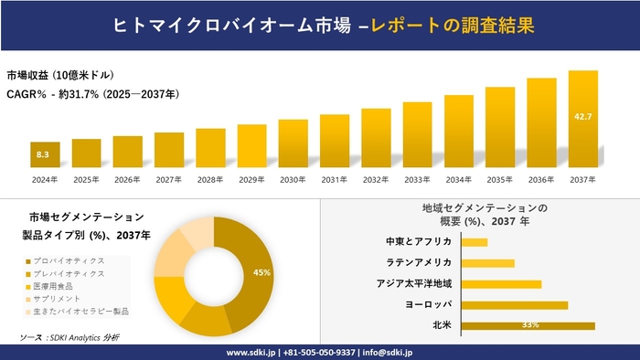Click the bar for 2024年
[x=45, y=154]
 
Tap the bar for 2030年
[x=293, y=143]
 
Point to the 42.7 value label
[x=582, y=116]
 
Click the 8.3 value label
[x=43, y=155]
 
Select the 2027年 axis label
[x=169, y=179]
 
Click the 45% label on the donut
[x=261, y=272]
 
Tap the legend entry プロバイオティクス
[x=69, y=261]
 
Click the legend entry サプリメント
[x=60, y=299]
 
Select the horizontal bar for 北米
[x=528, y=325]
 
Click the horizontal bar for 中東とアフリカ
[x=475, y=242]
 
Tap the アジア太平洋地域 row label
[x=414, y=283]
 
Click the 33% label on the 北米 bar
[x=529, y=325]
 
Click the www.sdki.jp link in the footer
[x=252, y=352]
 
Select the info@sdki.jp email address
[x=388, y=352]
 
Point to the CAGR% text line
[x=92, y=93]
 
